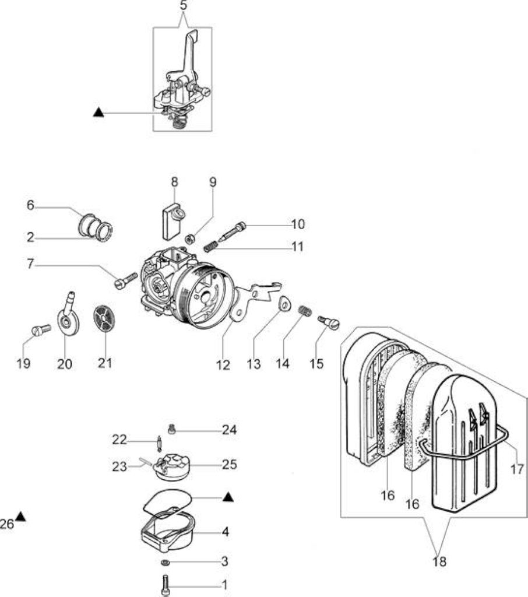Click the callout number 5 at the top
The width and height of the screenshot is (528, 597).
click(184, 6)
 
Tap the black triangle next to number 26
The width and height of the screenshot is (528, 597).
click(20, 517)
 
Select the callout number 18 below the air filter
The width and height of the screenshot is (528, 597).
click(439, 561)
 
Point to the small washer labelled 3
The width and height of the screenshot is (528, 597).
click(165, 563)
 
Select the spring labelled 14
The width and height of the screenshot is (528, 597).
click(305, 311)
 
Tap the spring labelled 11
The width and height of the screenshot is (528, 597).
click(211, 246)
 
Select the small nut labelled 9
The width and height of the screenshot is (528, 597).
click(190, 239)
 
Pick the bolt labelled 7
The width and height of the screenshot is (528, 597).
click(126, 281)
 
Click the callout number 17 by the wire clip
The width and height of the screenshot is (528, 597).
click(517, 469)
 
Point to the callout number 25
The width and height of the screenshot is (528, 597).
click(229, 465)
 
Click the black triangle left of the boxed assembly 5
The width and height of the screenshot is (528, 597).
click(98, 112)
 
